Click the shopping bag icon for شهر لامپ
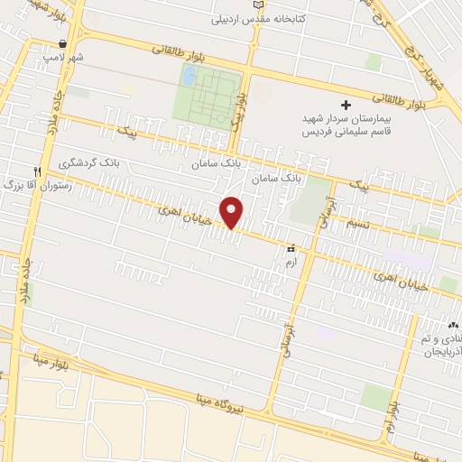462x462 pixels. coord(62,43)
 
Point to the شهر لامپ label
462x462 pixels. coord(64,57)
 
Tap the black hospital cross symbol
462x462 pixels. coord(345,106)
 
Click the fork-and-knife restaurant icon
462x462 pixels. coord(37,171)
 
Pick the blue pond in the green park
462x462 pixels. coord(189,76)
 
